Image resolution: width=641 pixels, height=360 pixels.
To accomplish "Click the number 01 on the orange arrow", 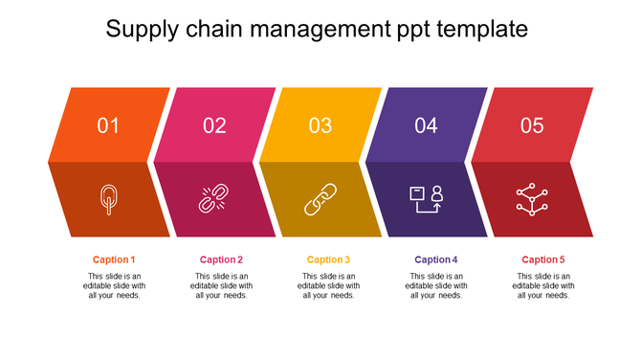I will click(x=109, y=125).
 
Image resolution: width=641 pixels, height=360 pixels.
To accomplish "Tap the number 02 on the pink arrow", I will click(x=214, y=125).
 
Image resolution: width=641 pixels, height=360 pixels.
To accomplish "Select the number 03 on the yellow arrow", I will click(x=320, y=125).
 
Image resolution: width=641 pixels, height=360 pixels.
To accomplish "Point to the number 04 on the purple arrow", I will click(x=426, y=125).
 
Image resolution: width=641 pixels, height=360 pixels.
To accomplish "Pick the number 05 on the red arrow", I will click(x=532, y=125).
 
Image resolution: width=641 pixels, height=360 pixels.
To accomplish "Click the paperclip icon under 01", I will click(x=109, y=199).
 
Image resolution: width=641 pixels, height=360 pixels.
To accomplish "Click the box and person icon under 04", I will click(x=426, y=199).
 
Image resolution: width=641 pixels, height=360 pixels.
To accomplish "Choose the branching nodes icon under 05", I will click(x=531, y=199).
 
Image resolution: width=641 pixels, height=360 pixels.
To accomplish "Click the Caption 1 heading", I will click(x=114, y=259).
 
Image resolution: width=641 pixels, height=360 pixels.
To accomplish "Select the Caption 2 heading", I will click(x=221, y=259).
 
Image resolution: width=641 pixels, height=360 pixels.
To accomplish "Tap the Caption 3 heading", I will click(x=328, y=259).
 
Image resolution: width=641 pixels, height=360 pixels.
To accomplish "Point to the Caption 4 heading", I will click(x=436, y=259).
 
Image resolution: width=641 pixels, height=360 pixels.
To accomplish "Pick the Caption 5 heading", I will click(x=543, y=259).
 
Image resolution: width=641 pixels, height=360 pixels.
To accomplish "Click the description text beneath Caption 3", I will click(x=328, y=285).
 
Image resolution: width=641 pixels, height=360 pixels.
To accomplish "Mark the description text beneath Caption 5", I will click(x=543, y=285).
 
